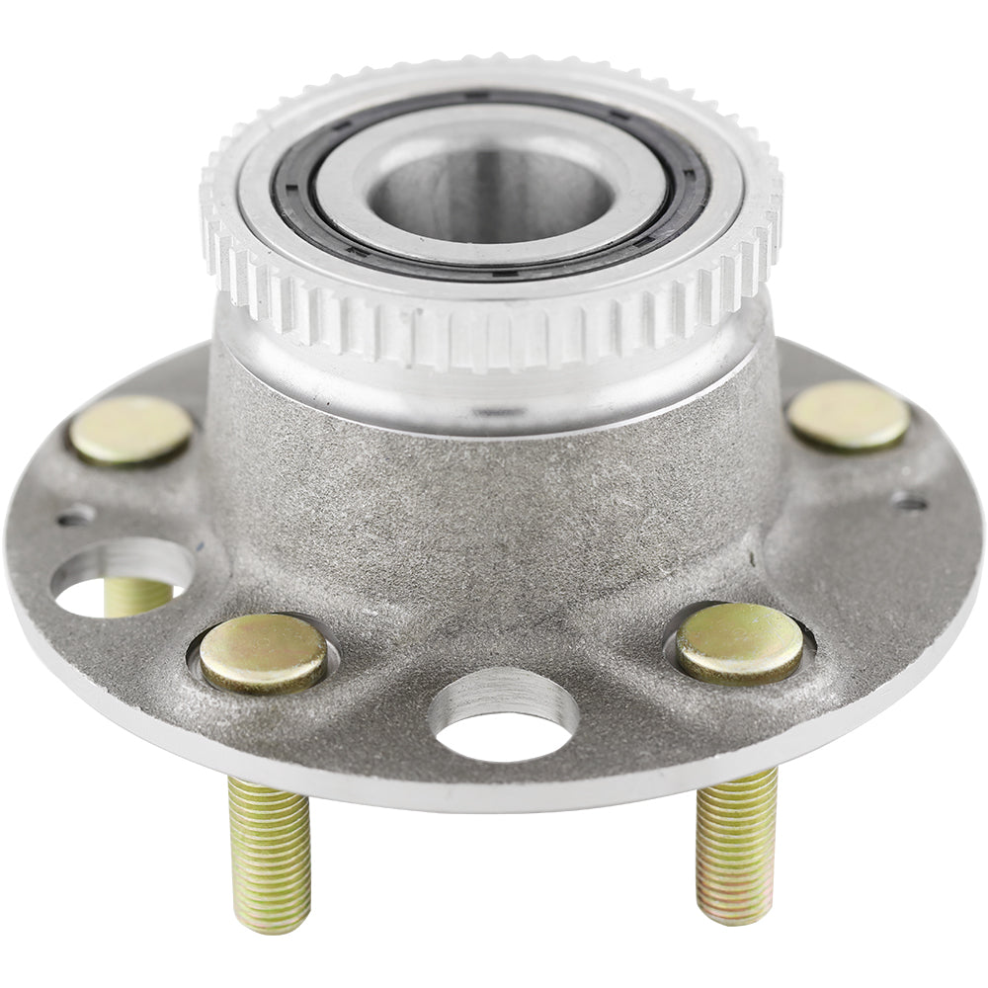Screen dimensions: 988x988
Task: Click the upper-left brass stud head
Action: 130,430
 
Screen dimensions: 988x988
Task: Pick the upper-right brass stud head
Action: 849,415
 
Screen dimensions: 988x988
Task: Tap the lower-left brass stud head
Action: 263,652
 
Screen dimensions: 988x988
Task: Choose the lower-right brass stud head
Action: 739,642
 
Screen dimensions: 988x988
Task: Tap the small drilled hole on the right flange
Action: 909,502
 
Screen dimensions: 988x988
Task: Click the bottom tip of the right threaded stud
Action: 733,914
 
